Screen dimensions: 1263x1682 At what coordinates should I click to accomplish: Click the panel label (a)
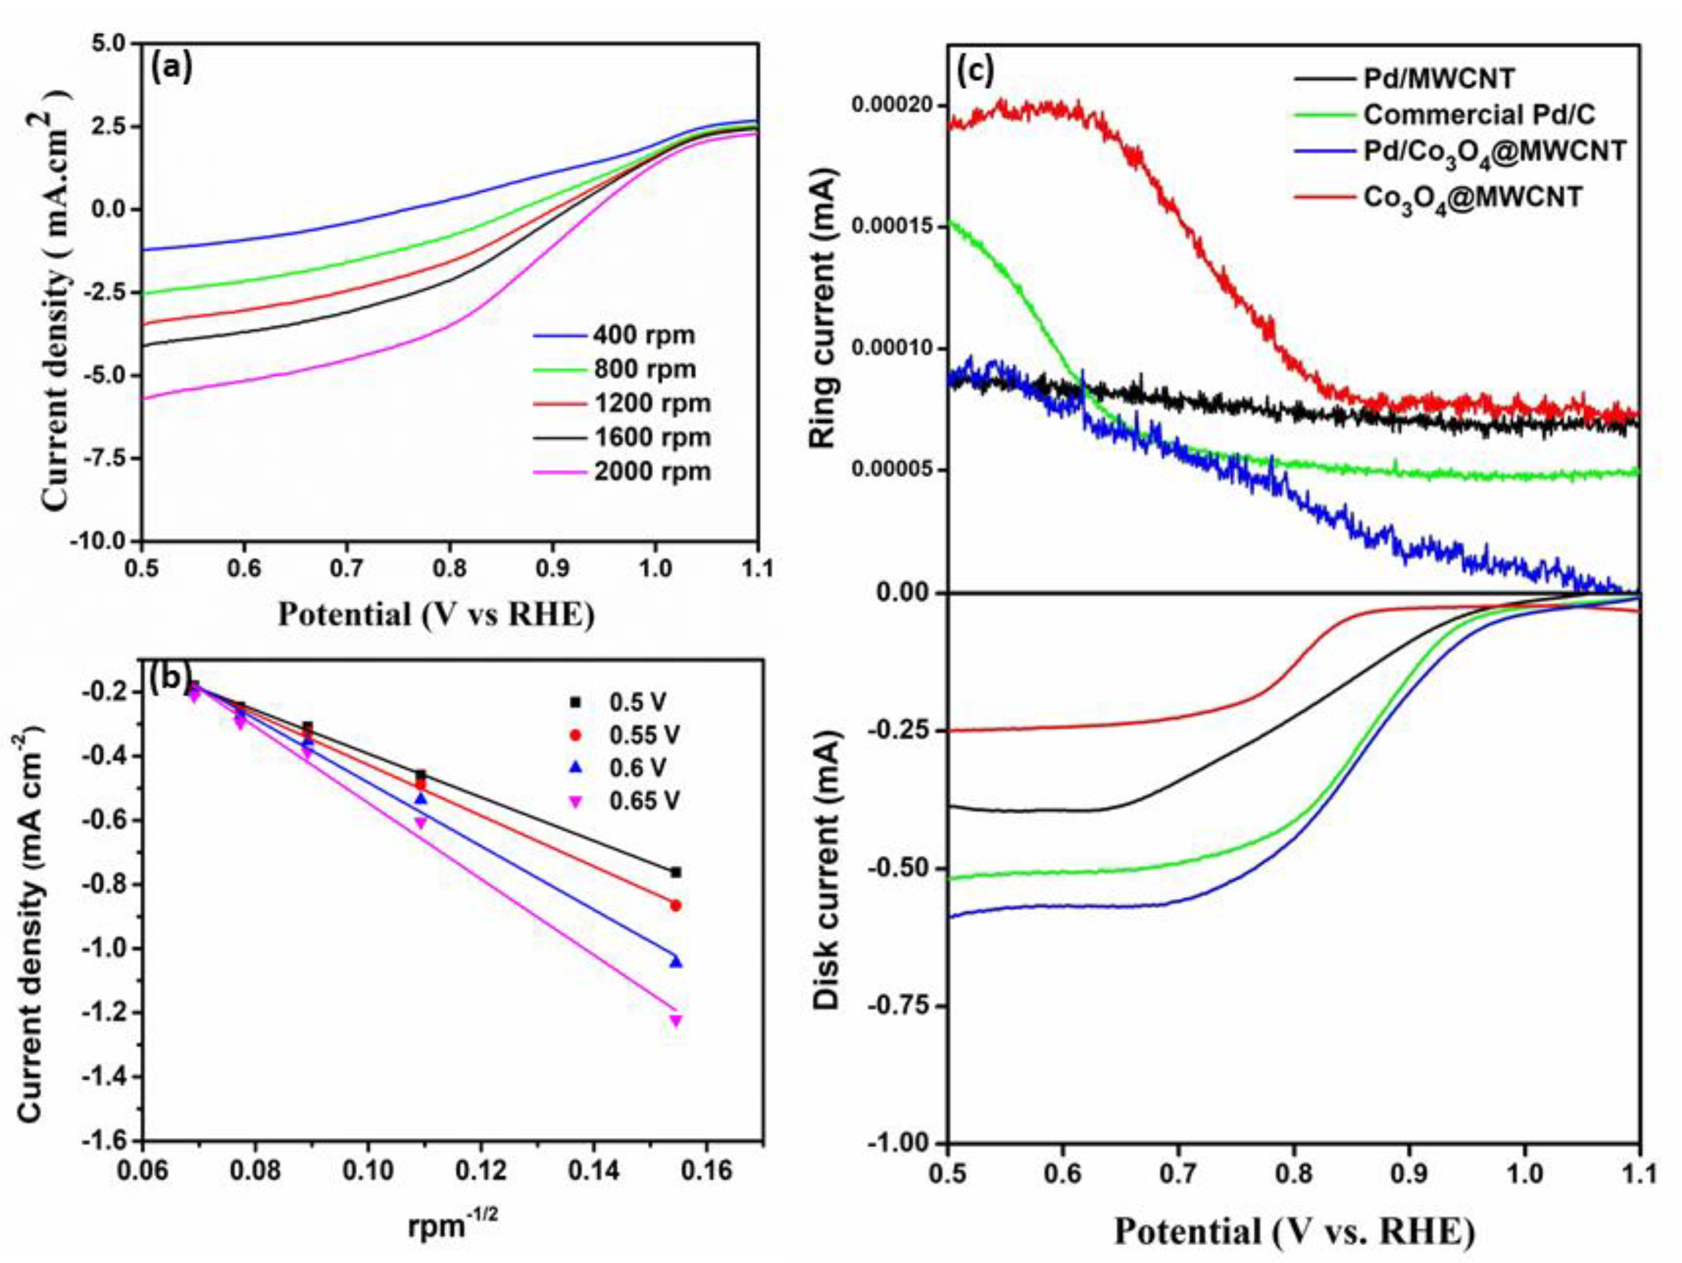tap(172, 70)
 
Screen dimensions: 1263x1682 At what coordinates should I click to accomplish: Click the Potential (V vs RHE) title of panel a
tap(436, 614)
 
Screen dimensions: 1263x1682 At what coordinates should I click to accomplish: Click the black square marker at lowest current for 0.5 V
tap(675, 873)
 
